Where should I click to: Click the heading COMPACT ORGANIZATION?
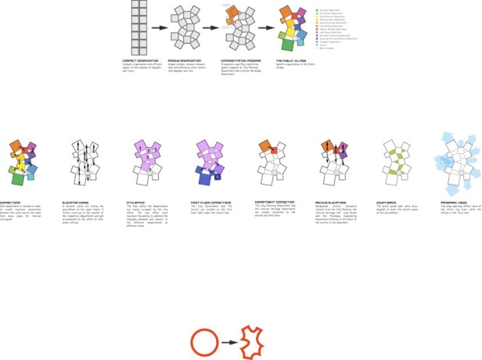pyautogui.click(x=141, y=60)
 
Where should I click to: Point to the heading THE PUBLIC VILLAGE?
pyautogui.click(x=291, y=60)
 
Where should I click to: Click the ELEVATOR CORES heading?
pyautogui.click(x=77, y=201)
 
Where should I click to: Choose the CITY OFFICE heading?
pyautogui.click(x=137, y=201)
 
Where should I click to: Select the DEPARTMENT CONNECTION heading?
pyautogui.click(x=273, y=201)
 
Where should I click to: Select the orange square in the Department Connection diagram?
pyautogui.click(x=264, y=146)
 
